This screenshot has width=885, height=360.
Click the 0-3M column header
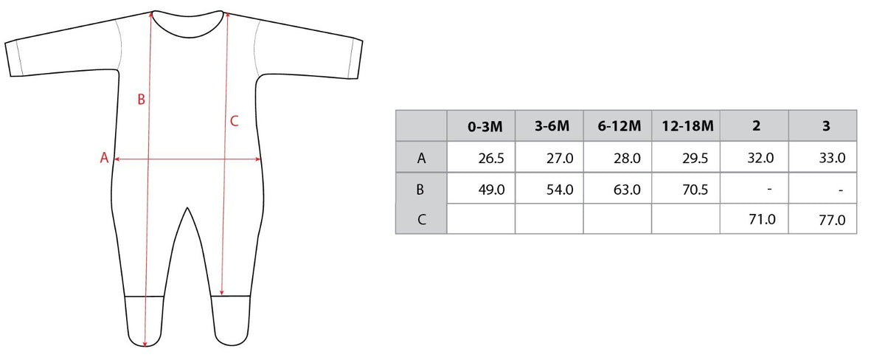pyautogui.click(x=485, y=126)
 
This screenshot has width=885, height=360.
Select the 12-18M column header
pyautogui.click(x=687, y=126)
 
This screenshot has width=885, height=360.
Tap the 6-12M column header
pyautogui.click(x=619, y=126)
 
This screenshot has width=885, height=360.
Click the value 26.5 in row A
pyautogui.click(x=491, y=159)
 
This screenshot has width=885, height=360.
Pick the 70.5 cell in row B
pyautogui.click(x=695, y=190)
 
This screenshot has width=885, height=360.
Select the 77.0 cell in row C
pyautogui.click(x=832, y=220)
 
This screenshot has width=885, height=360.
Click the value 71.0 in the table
pyautogui.click(x=762, y=219)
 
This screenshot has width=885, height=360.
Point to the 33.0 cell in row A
pyautogui.click(x=832, y=158)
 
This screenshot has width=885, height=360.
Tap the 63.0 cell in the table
pyautogui.click(x=627, y=190)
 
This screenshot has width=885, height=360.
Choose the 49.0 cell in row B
pyautogui.click(x=491, y=190)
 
